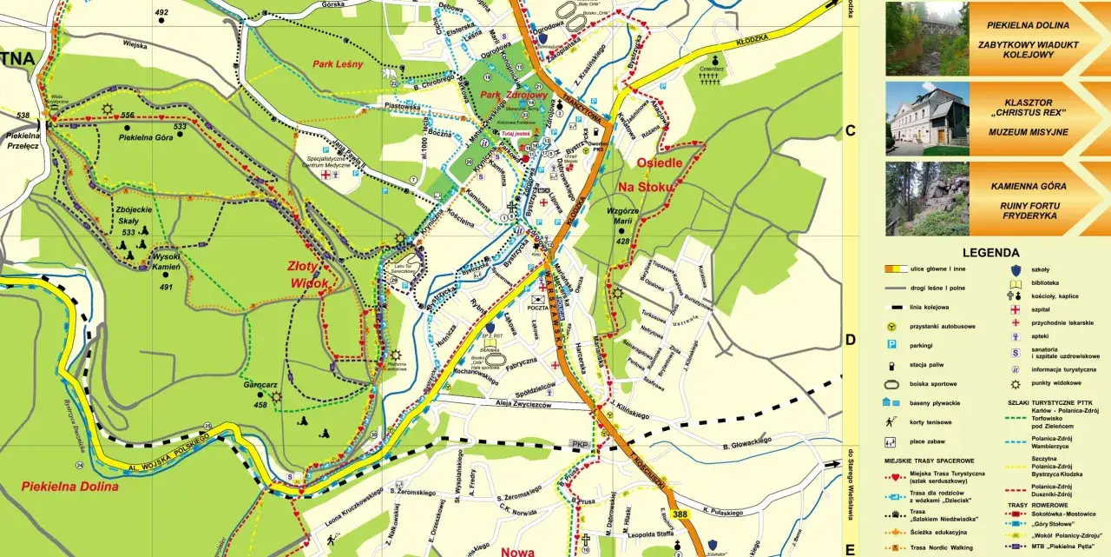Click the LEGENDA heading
coord(990,253)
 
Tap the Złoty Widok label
coord(310,275)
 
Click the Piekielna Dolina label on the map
coord(69,487)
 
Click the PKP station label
coord(579,444)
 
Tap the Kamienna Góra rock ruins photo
coord(927,199)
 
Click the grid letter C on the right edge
coord(851,131)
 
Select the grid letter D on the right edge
coord(851,341)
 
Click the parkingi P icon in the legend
coord(891,345)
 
